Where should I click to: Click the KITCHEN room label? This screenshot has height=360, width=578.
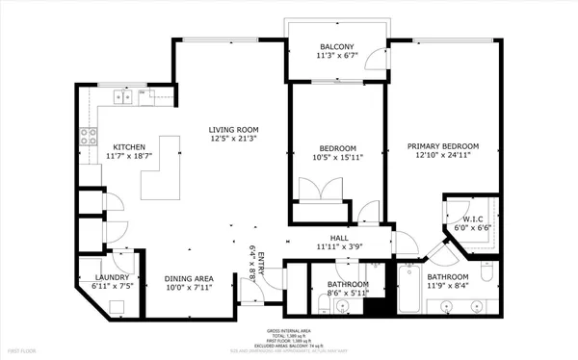pyautogui.click(x=128, y=145)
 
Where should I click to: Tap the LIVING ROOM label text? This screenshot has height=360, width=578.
pyautogui.click(x=234, y=130)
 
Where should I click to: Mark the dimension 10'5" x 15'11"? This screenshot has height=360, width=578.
pyautogui.click(x=337, y=157)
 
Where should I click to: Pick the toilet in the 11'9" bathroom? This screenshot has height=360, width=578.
pyautogui.click(x=486, y=280)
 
